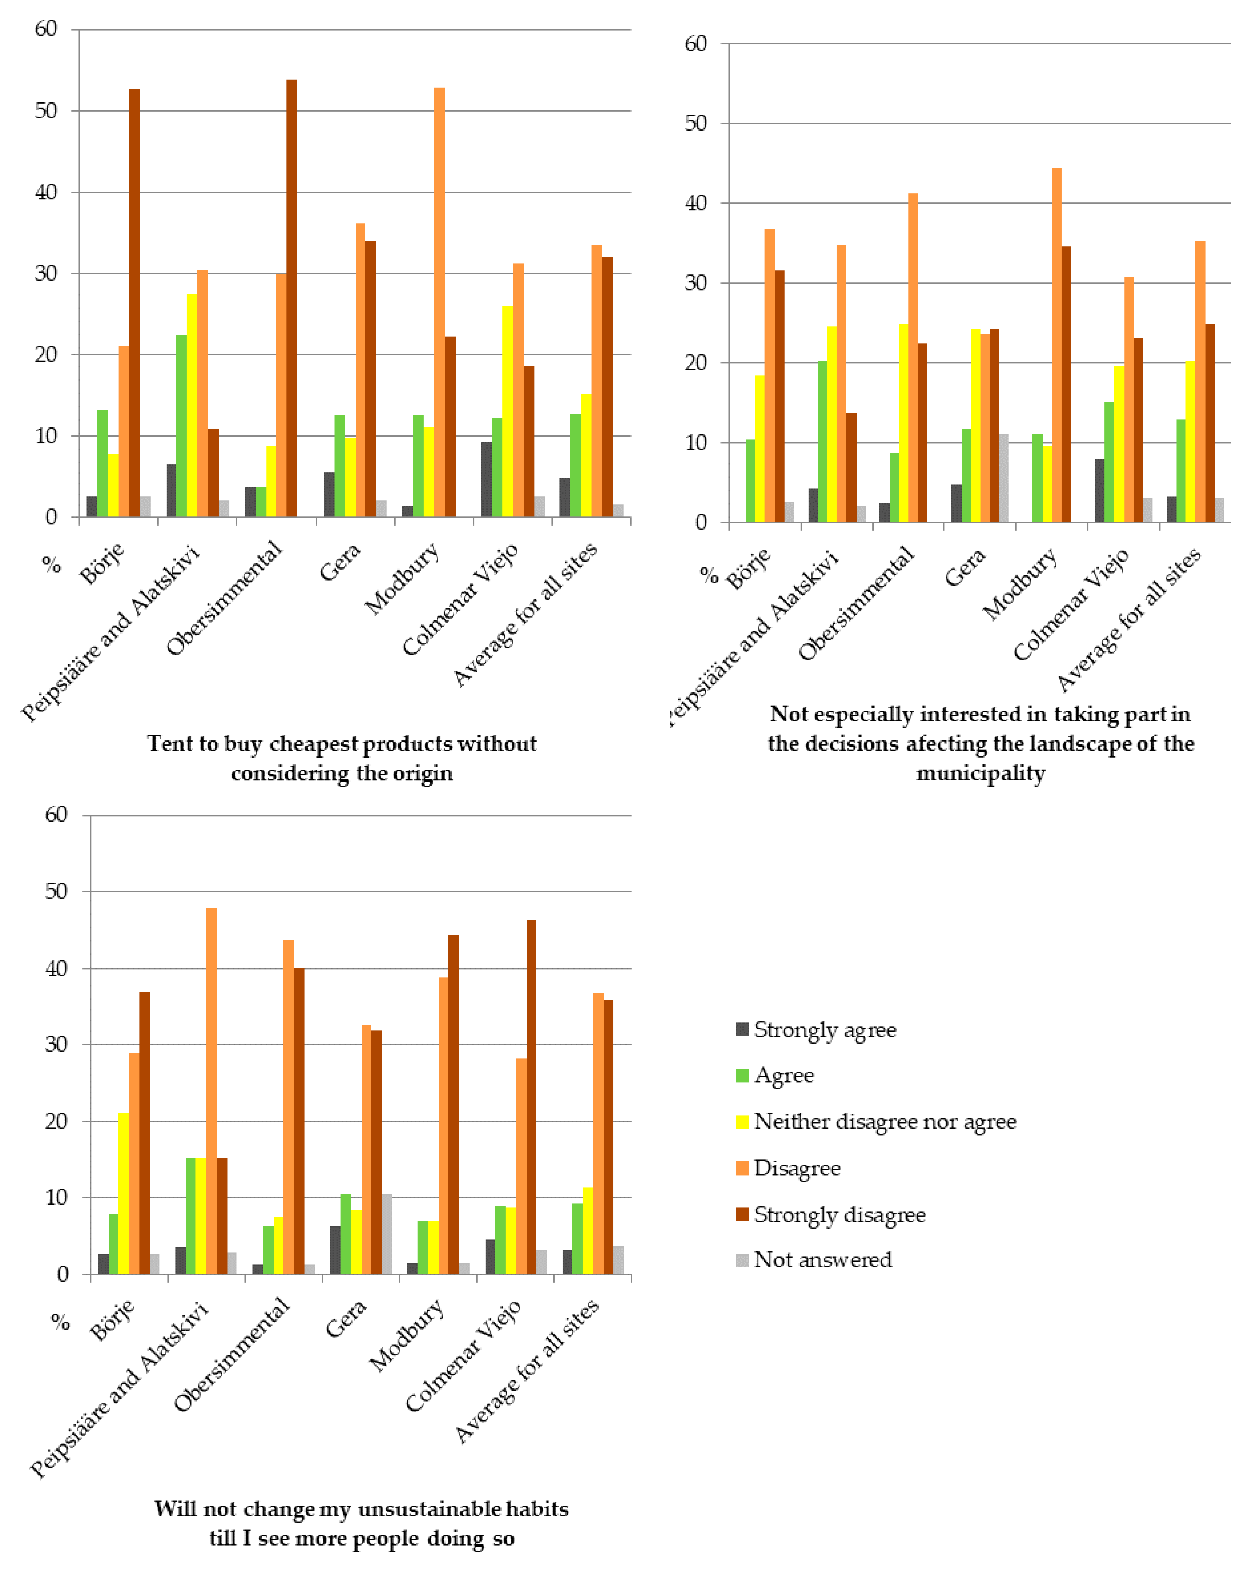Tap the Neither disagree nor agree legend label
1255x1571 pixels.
click(x=884, y=1121)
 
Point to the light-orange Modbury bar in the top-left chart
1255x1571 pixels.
click(x=439, y=302)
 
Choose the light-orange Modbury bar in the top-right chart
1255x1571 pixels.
click(x=1057, y=345)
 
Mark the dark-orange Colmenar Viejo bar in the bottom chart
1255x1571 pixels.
click(x=531, y=1097)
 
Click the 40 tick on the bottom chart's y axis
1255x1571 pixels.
click(x=56, y=969)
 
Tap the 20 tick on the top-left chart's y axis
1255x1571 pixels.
click(x=46, y=355)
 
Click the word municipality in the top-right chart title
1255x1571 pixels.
click(x=980, y=773)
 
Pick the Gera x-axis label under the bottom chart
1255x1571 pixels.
click(x=346, y=1319)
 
